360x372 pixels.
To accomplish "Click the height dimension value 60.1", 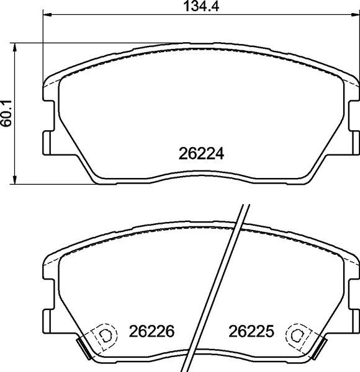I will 7,113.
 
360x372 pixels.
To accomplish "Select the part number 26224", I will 200,153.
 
